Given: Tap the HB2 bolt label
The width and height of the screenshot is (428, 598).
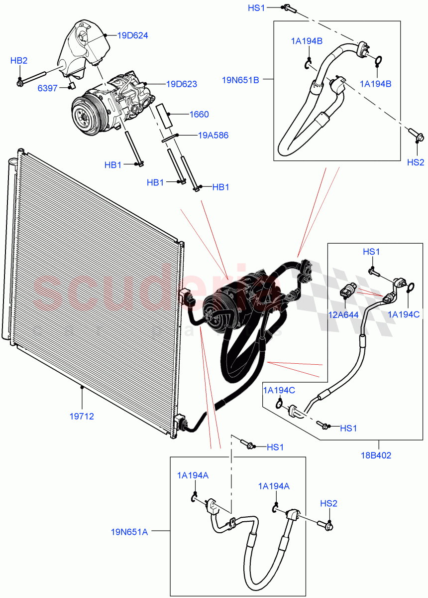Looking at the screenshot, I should coord(19,61).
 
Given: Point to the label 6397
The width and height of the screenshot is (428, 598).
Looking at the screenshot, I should coord(48,88).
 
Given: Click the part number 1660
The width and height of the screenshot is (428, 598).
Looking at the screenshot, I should coord(199,114).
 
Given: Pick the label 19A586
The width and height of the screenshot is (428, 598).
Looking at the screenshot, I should coord(213,135).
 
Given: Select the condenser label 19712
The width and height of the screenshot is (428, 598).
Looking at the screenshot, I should coord(82,416).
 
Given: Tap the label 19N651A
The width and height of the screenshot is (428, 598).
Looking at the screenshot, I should coord(129,532).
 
